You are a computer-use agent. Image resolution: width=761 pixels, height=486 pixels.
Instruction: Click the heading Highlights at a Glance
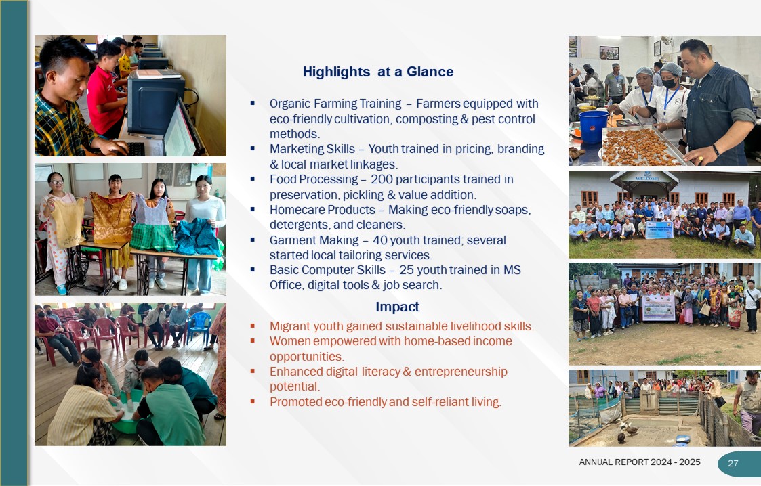(x=378, y=72)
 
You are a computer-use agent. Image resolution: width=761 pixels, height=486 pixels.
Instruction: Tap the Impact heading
(x=397, y=307)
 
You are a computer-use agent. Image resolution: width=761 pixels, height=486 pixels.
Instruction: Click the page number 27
(x=733, y=463)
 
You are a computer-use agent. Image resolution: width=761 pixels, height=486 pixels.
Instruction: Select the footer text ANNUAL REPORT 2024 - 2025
(x=639, y=462)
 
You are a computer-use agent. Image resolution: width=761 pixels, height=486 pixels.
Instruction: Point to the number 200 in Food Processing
(x=381, y=179)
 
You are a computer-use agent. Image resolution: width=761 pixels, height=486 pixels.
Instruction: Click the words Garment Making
(x=314, y=240)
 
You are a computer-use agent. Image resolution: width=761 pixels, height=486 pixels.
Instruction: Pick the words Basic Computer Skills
(x=327, y=270)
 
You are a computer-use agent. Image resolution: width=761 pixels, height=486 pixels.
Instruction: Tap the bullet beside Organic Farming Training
(x=252, y=103)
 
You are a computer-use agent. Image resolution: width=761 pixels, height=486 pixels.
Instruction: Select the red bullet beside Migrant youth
(x=252, y=326)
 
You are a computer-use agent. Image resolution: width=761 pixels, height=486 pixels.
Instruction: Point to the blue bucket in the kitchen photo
(x=594, y=127)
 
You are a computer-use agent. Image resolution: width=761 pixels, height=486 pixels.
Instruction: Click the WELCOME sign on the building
(x=646, y=178)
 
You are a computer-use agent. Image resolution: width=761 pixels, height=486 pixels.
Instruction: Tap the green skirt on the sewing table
(x=152, y=235)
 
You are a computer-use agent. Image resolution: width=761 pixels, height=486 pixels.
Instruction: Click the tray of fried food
(x=636, y=146)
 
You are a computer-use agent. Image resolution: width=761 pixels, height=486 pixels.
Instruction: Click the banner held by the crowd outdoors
(x=659, y=308)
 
